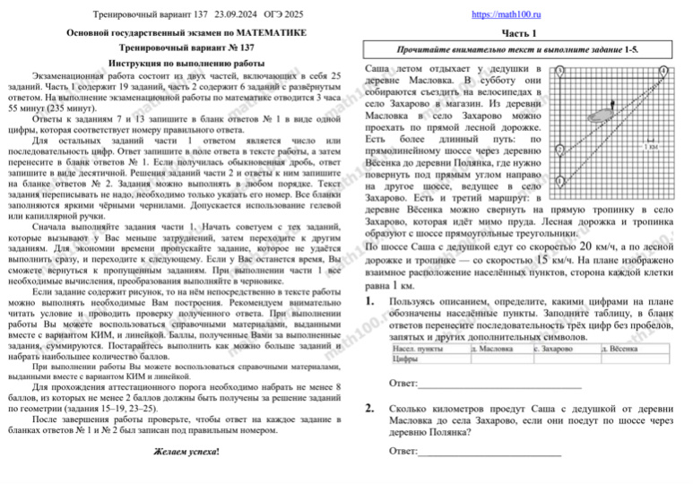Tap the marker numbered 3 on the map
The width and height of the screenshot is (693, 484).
coord(559,71)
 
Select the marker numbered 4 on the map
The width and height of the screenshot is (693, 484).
coord(663,71)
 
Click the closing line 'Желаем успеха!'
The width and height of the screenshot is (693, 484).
coord(186,449)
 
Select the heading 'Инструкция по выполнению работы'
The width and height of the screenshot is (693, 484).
coord(186,65)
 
